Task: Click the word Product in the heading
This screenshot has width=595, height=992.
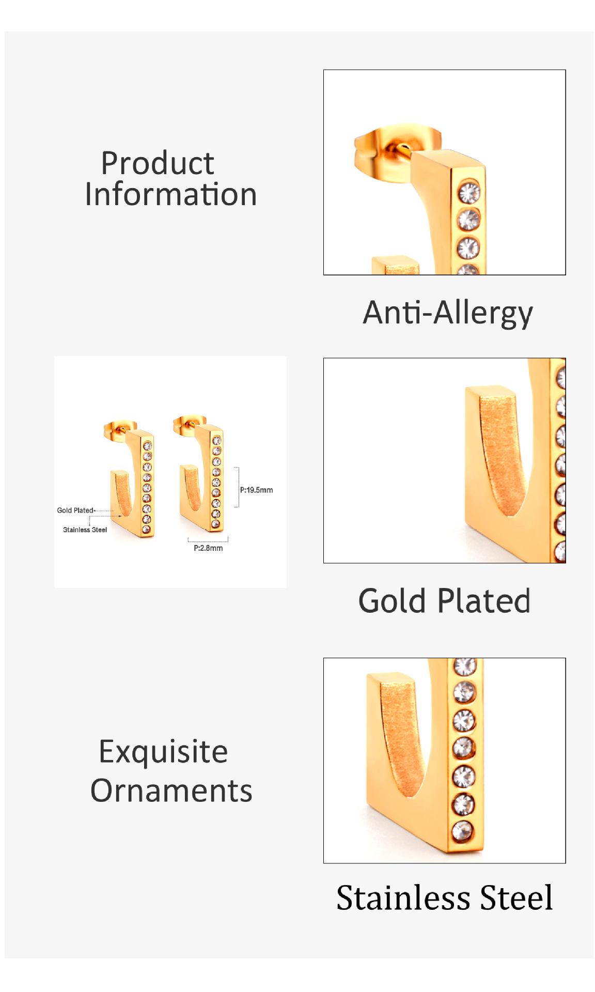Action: (x=158, y=163)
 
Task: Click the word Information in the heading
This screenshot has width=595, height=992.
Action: (x=171, y=194)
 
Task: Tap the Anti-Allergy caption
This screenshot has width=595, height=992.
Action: (x=448, y=313)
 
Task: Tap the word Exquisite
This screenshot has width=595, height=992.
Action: (x=163, y=752)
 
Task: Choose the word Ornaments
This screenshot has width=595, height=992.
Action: (x=171, y=791)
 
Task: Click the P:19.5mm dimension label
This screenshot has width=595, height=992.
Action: (x=256, y=490)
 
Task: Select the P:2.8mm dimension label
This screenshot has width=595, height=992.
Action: (x=208, y=548)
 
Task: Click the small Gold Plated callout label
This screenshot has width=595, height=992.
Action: (x=75, y=510)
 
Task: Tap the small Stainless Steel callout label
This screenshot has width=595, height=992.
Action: (x=85, y=530)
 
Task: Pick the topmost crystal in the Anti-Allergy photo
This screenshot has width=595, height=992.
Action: (x=469, y=192)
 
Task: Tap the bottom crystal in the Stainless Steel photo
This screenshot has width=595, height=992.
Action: (x=462, y=831)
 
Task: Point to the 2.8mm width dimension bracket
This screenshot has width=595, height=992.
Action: (x=208, y=540)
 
